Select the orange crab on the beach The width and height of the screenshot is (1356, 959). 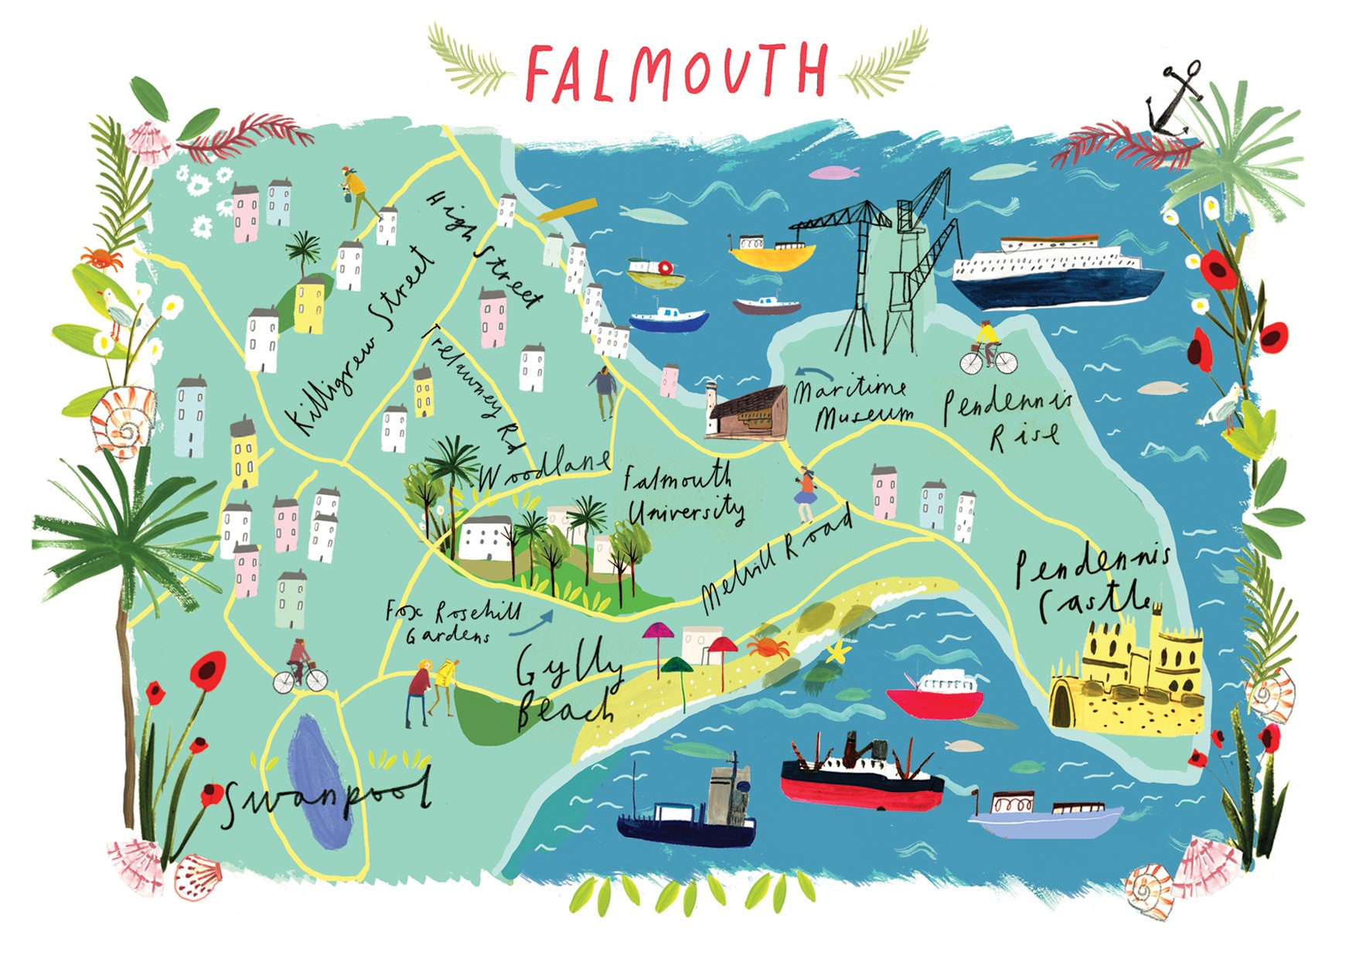[x=768, y=647]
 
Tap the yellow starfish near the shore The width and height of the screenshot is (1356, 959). [x=836, y=654]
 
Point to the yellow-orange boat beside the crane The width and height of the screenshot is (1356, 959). [x=771, y=252]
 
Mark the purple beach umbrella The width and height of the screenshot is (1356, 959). [x=658, y=632]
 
